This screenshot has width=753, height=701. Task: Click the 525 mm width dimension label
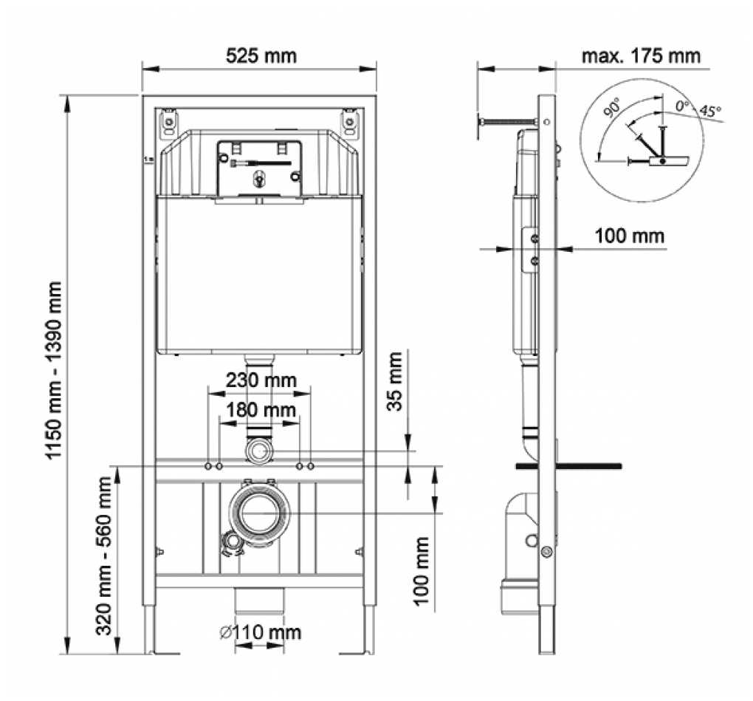click(x=260, y=55)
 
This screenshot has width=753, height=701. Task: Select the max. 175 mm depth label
click(x=641, y=56)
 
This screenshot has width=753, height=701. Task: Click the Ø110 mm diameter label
click(x=260, y=632)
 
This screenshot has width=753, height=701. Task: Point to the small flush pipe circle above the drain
click(x=259, y=451)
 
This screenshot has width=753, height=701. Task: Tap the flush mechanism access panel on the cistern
click(x=258, y=169)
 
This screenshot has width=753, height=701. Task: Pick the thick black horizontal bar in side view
click(x=568, y=466)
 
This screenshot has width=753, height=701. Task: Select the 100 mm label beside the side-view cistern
click(x=630, y=236)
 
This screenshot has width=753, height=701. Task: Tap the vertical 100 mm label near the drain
click(x=422, y=571)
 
